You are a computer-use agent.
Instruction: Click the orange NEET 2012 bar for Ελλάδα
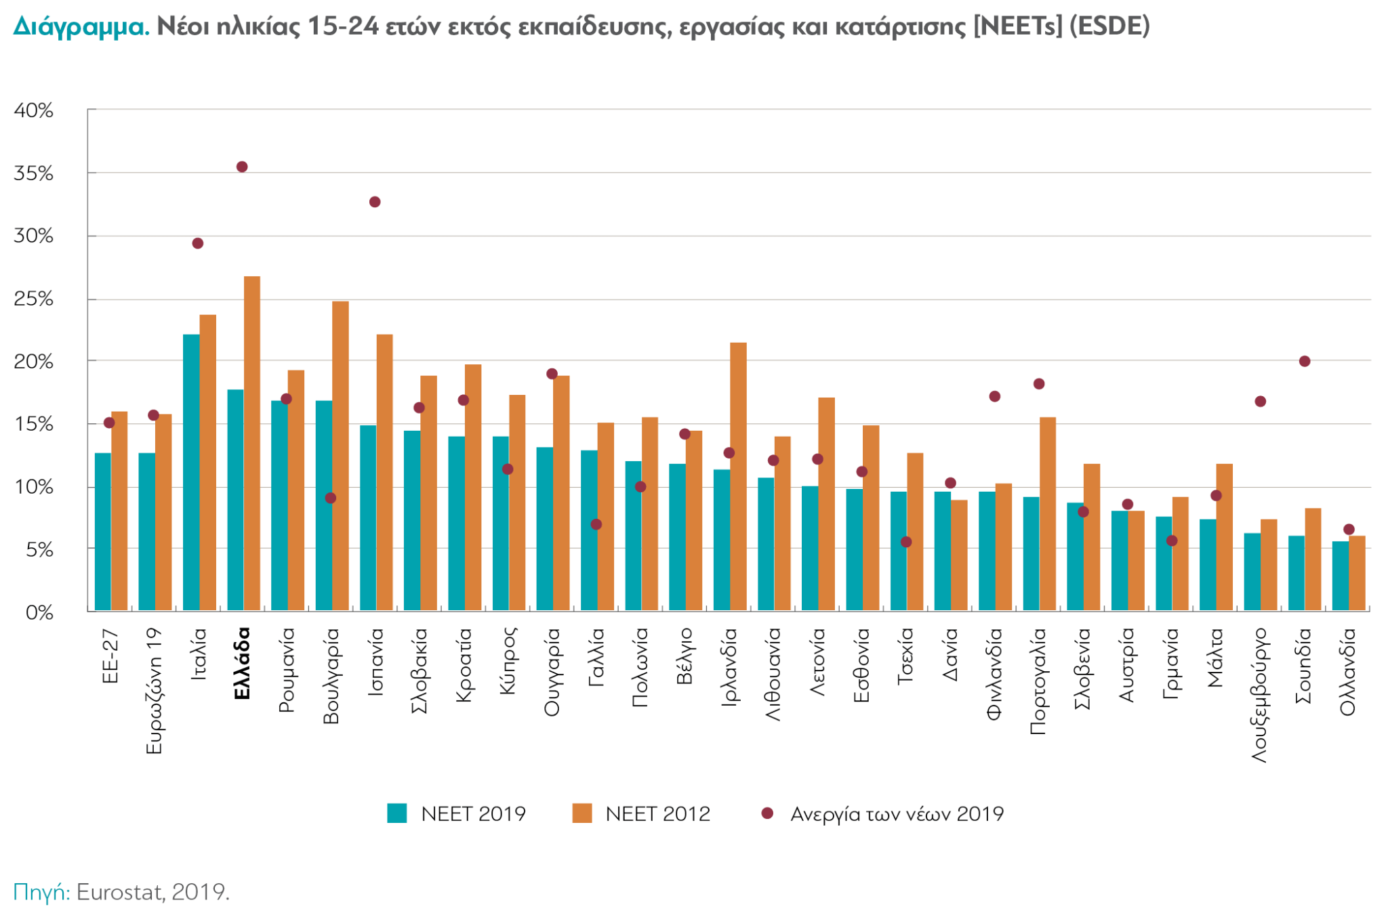252,444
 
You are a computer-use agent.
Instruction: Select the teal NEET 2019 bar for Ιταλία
191,473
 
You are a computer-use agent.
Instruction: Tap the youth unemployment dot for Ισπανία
375,202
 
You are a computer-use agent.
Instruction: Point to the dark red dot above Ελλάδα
242,167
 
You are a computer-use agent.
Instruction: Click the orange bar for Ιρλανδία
738,477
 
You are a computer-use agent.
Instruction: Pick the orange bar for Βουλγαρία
340,456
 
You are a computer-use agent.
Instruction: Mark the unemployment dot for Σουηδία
1305,361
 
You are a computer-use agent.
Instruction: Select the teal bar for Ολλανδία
1340,576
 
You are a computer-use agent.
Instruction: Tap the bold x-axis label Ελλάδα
242,664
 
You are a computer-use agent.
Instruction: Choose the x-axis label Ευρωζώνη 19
154,691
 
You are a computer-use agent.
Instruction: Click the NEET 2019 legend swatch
397,813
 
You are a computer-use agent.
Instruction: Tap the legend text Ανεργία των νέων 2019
897,813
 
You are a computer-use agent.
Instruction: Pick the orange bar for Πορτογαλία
1048,514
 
